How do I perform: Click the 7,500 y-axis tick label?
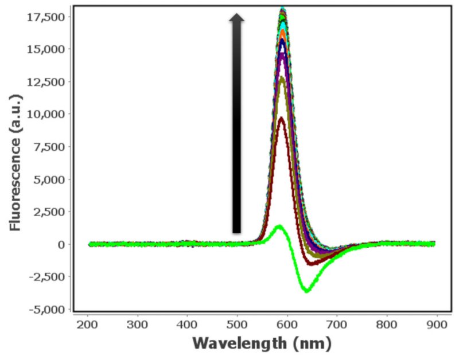click(x=50, y=147)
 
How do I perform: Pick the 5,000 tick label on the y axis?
click(x=50, y=179)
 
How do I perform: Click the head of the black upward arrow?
click(x=236, y=18)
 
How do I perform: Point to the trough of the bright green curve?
click(x=308, y=291)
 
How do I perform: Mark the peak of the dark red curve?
click(x=281, y=119)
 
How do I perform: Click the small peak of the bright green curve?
click(x=279, y=226)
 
